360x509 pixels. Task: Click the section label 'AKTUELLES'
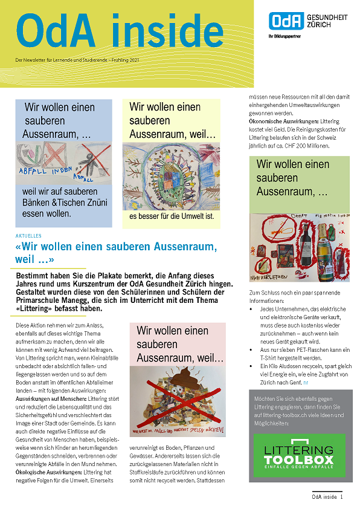pos(29,236)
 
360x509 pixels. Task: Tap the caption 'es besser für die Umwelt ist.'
pos(172,216)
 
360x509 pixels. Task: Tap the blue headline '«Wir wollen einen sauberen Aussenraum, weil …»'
pos(116,253)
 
